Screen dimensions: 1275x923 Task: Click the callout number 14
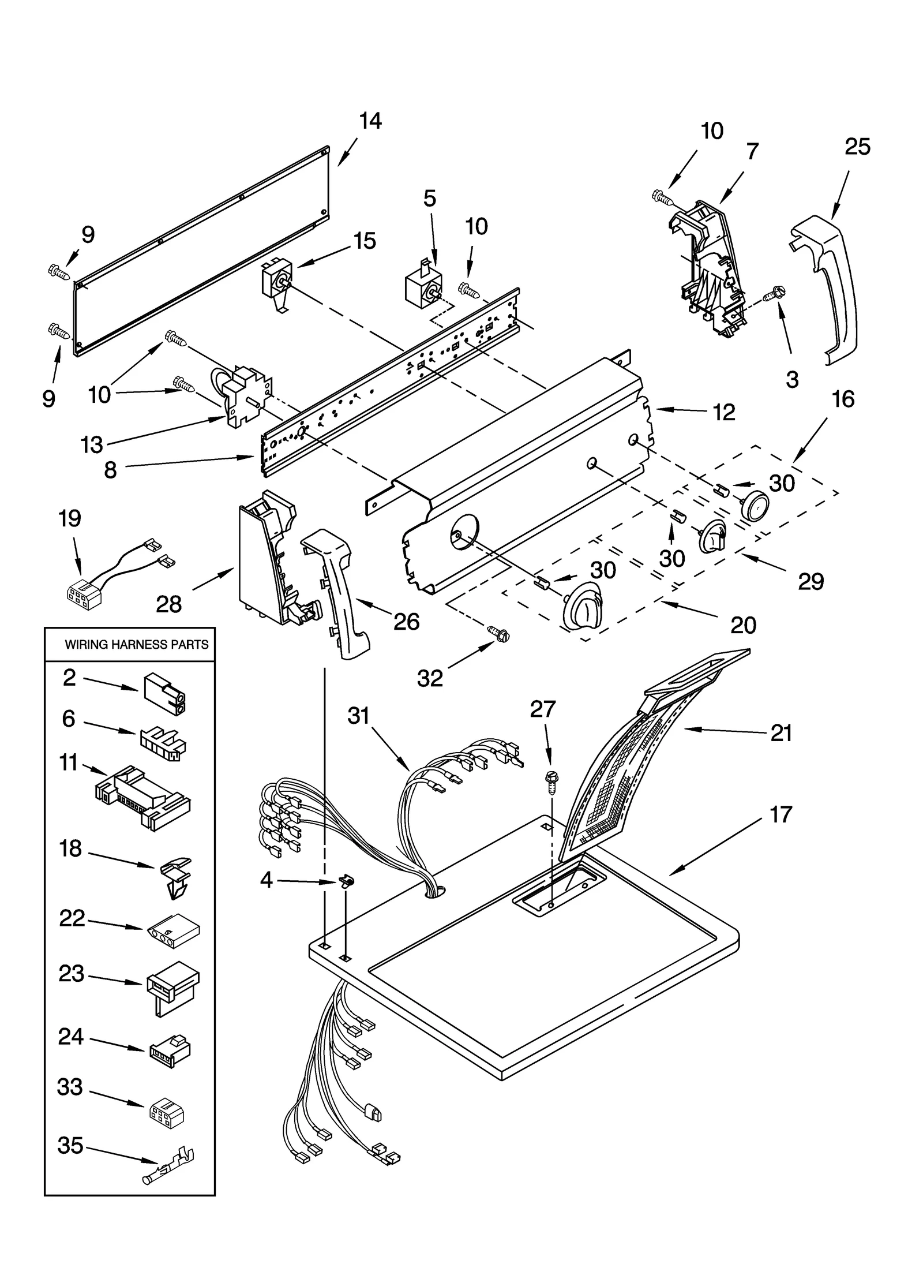click(x=370, y=121)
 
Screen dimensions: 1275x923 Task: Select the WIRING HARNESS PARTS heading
click(x=137, y=645)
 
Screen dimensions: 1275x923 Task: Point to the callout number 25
click(x=857, y=147)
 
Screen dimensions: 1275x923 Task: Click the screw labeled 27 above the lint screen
click(x=550, y=783)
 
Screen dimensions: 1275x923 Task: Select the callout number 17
click(x=781, y=815)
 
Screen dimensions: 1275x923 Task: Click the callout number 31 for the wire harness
click(x=358, y=716)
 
